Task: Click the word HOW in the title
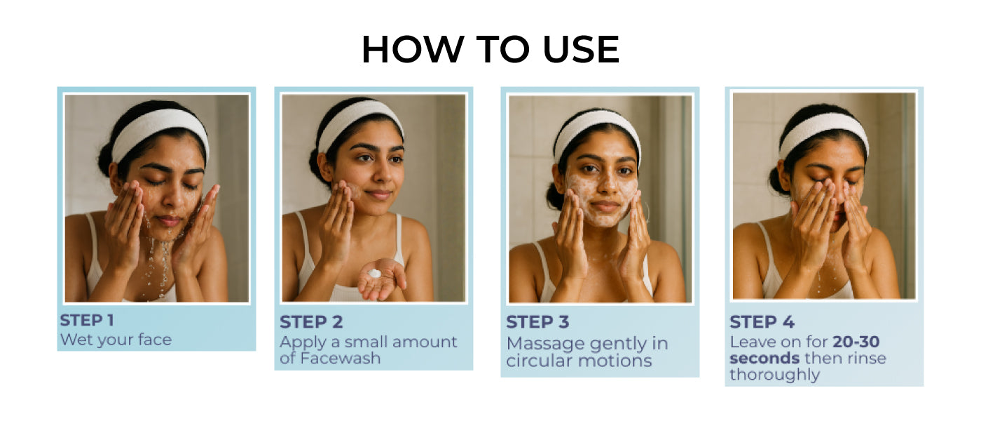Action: click(x=413, y=49)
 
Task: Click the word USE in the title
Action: click(x=581, y=49)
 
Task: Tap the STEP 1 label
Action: click(x=87, y=321)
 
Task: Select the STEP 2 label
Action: click(x=311, y=322)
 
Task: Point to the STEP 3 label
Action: click(x=537, y=322)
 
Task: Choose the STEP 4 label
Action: click(x=762, y=322)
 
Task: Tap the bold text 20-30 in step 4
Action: click(x=856, y=342)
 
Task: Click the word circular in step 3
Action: click(x=540, y=361)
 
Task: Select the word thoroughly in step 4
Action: click(x=775, y=375)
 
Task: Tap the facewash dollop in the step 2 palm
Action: click(x=374, y=273)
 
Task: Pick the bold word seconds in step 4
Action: click(x=764, y=359)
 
